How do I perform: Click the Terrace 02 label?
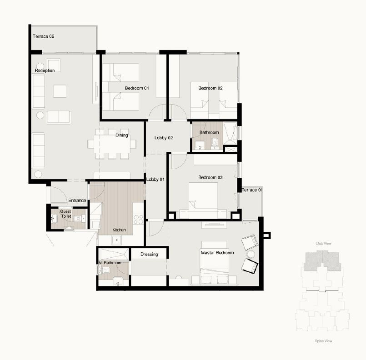[x=43, y=36]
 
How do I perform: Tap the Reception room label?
[x=45, y=70]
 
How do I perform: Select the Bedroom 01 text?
[x=137, y=88]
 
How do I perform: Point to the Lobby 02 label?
[x=164, y=138]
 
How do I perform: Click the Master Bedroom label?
[x=217, y=253]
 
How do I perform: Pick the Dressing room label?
[x=149, y=254]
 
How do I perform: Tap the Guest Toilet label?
[x=65, y=214]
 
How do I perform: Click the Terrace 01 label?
[x=252, y=190]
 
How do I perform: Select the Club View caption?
[x=324, y=243]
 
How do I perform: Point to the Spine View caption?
[x=324, y=341]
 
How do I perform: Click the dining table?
[x=112, y=144]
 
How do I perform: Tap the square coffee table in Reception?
[x=60, y=91]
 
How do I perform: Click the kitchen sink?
[x=116, y=240]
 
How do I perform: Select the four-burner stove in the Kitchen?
[x=138, y=219]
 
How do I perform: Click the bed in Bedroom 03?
[x=203, y=200]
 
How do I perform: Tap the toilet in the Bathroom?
[x=215, y=142]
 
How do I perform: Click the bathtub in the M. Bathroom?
[x=114, y=255]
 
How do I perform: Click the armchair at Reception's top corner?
[x=54, y=65]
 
